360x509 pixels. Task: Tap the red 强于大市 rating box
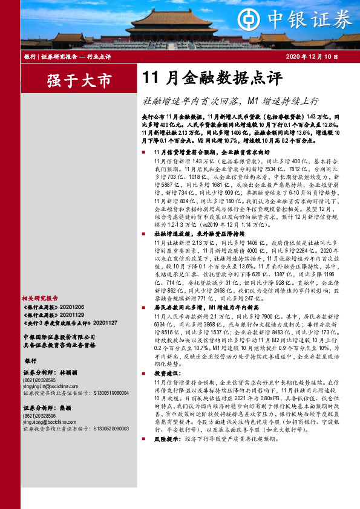[x=71, y=79]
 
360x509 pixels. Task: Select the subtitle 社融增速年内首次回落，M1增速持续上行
[x=230, y=100]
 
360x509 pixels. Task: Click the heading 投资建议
[x=166, y=375]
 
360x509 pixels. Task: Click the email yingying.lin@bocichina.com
[x=54, y=386]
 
